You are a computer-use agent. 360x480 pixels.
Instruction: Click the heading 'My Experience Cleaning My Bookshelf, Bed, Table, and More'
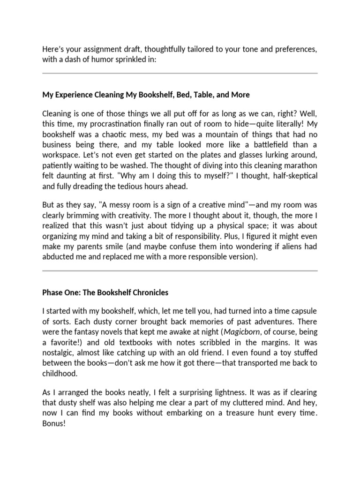[x=146, y=95]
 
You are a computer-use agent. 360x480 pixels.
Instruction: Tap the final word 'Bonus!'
[x=53, y=421]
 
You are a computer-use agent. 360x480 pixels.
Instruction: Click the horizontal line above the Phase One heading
[x=180, y=271]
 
